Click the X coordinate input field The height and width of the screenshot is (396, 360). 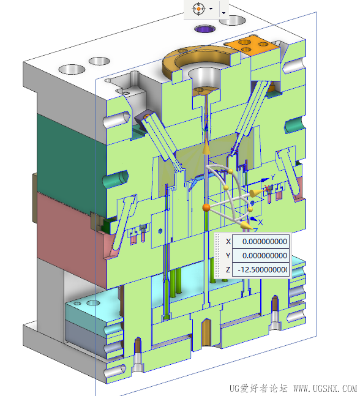click(x=260, y=241)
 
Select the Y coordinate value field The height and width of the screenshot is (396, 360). click(x=260, y=256)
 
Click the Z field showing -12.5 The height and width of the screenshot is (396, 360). click(x=260, y=270)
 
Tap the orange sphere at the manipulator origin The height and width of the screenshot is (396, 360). click(x=206, y=207)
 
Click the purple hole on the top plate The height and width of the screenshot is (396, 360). click(x=205, y=29)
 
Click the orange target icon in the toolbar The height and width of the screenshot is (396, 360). click(x=198, y=9)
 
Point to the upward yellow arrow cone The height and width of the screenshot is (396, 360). click(x=206, y=146)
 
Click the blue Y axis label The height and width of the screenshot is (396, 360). click(x=273, y=177)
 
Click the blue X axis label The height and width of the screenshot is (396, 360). click(x=260, y=222)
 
